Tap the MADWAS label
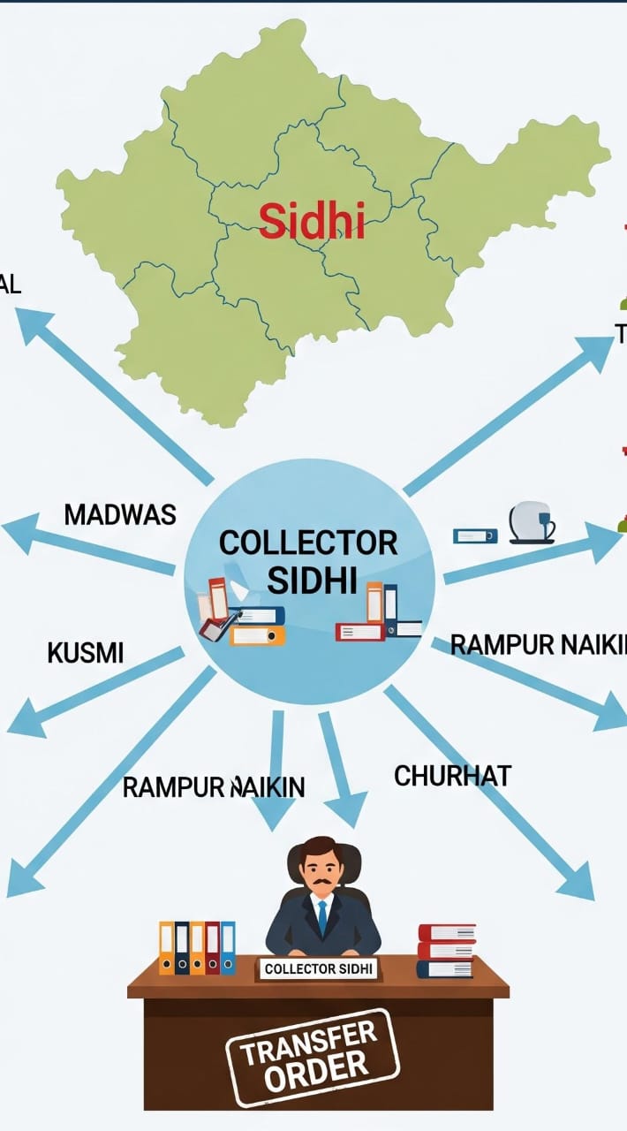[120, 514]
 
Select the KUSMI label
[85, 653]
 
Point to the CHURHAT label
[452, 776]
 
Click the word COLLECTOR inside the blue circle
[307, 543]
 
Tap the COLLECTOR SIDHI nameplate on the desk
[319, 968]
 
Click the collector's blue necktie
[322, 917]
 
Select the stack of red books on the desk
[446, 950]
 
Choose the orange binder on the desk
[166, 948]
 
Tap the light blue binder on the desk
[228, 948]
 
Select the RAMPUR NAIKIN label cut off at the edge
[538, 645]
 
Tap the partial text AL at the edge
[10, 285]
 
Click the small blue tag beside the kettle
[475, 535]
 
